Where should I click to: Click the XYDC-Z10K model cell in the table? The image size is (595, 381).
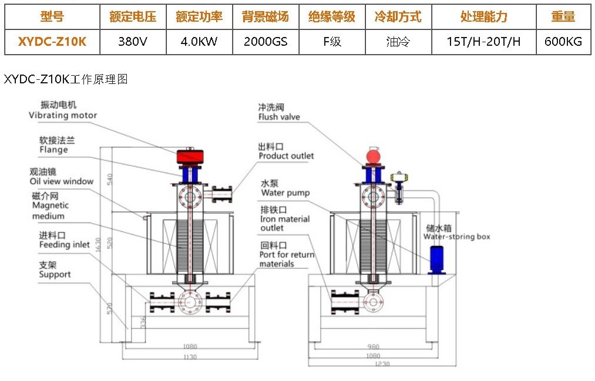(52, 42)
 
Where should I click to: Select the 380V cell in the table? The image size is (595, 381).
(133, 42)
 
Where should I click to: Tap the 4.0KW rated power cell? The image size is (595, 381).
(199, 42)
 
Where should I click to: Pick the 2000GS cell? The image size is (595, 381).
(265, 42)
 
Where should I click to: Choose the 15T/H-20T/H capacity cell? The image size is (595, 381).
(484, 42)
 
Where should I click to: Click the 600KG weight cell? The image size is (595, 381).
(563, 42)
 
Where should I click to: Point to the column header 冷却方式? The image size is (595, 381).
(398, 16)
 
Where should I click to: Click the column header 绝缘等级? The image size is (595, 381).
(332, 16)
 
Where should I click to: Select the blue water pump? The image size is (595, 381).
(437, 259)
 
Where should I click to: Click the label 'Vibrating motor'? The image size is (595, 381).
(63, 116)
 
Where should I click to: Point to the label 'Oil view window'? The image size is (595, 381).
(62, 181)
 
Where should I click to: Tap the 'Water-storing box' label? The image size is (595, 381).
(456, 237)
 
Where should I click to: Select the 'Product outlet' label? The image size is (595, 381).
(286, 156)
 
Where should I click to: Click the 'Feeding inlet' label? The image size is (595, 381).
(65, 244)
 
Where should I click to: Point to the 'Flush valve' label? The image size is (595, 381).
(279, 117)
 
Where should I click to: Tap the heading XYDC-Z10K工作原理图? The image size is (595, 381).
(66, 79)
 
